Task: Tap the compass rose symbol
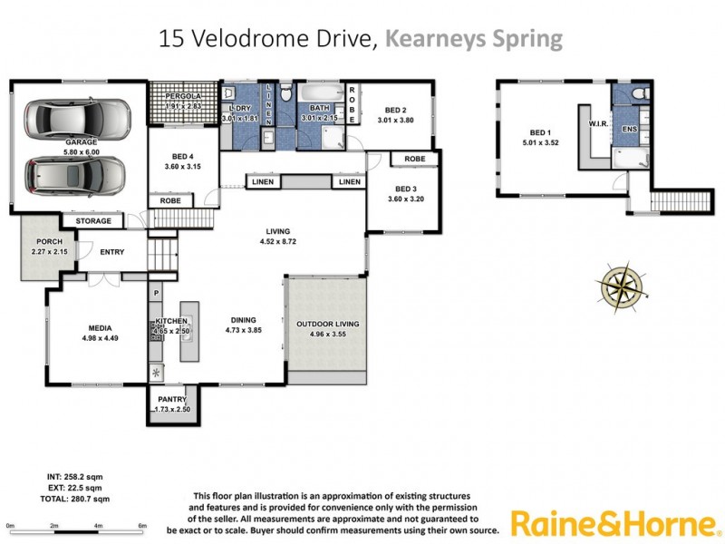click(x=621, y=284)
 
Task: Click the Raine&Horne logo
click(x=614, y=523)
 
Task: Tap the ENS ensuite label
click(x=629, y=130)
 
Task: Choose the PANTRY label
click(x=172, y=400)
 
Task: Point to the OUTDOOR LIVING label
click(x=328, y=324)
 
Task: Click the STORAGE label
click(x=93, y=220)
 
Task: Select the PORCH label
click(x=48, y=242)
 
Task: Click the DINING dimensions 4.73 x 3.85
click(x=243, y=330)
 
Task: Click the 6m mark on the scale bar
click(x=142, y=526)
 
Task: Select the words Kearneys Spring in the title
click(x=474, y=39)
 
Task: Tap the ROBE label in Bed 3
click(x=415, y=159)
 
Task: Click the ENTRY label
click(x=112, y=252)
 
